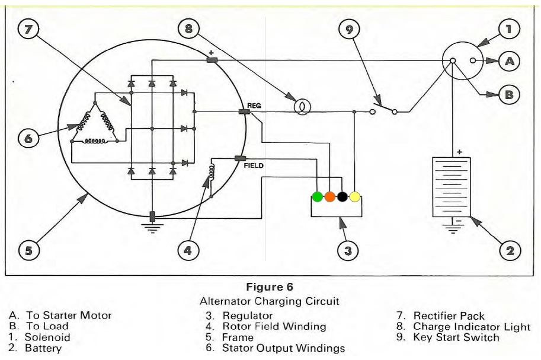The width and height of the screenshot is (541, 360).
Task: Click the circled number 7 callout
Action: point(28,29)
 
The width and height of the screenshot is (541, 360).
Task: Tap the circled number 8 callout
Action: point(188,28)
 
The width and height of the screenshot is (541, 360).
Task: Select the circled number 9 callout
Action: point(349,30)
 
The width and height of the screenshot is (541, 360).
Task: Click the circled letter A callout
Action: point(509,61)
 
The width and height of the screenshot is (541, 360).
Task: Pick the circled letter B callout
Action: point(509,94)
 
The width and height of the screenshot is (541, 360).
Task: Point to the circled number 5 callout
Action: point(28,250)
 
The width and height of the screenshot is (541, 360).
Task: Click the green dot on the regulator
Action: point(317,196)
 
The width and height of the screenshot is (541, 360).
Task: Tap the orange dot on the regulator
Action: point(330,196)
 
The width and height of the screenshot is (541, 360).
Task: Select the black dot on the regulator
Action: point(342,196)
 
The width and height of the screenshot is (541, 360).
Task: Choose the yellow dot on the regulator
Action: point(355,196)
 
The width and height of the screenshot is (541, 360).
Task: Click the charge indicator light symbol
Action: point(302,107)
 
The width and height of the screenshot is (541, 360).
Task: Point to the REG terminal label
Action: point(254,106)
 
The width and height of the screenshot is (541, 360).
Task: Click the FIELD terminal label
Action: point(254,165)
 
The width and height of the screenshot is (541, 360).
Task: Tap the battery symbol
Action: point(452,187)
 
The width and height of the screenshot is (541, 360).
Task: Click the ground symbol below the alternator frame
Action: point(152,228)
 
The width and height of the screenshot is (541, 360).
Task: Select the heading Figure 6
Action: point(270,287)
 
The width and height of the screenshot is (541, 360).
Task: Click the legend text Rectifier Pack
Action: point(449,316)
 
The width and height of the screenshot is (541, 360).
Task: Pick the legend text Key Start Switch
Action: point(456,337)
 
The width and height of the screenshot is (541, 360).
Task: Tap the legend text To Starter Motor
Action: point(69,315)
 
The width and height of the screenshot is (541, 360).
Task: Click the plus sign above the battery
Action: point(459,152)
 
